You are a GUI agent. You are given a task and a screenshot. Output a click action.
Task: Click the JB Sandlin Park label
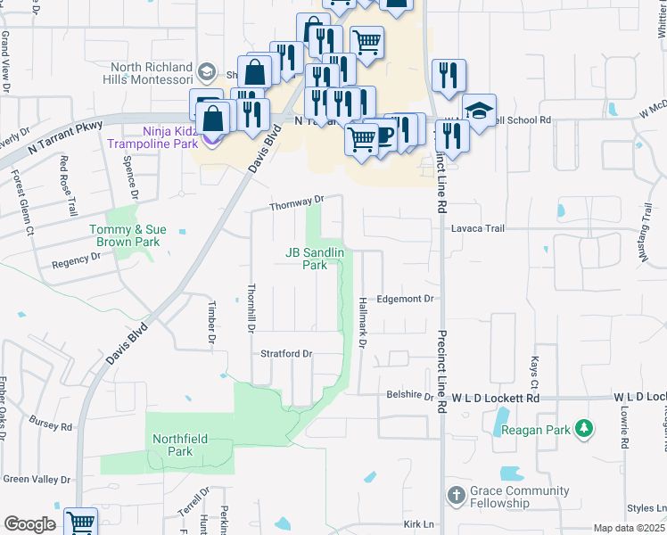pos(314,259)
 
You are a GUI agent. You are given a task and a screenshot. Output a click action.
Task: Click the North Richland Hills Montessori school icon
pos(206,71)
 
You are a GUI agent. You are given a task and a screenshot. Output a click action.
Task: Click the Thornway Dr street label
pos(294,203)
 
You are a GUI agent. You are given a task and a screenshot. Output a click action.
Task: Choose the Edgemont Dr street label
pos(405,300)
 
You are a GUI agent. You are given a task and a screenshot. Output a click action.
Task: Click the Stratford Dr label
pos(285,353)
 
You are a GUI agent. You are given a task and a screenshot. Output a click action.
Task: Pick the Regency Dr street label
pos(76,259)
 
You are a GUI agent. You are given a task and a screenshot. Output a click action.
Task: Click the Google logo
pos(29,524)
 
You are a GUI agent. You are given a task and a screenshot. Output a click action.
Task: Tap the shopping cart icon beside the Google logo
pos(80,522)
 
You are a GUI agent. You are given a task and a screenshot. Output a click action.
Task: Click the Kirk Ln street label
pos(417,524)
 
